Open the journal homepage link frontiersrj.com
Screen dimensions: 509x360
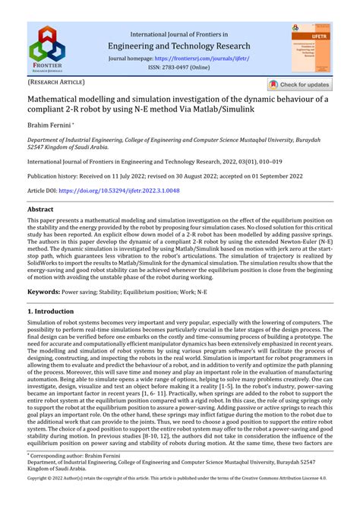[201, 58]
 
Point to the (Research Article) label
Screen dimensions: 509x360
[56, 82]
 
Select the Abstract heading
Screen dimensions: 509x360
[40, 209]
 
